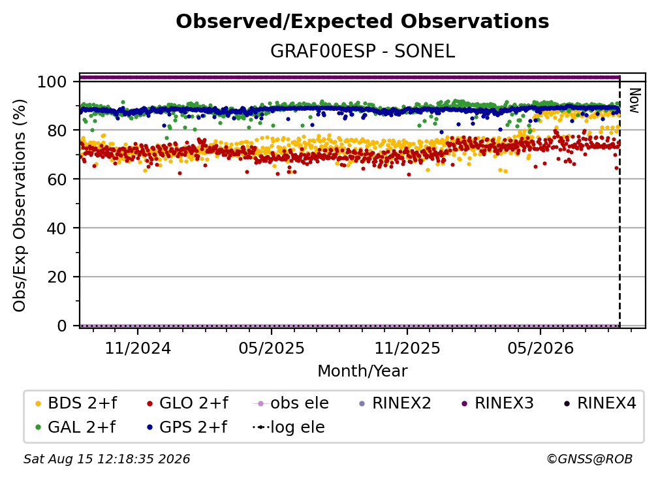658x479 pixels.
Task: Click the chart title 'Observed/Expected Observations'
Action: pos(362,22)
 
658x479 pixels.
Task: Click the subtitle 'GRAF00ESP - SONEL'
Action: pos(362,51)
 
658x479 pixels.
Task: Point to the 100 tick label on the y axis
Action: pos(52,82)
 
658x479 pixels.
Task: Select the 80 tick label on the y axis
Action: pos(57,131)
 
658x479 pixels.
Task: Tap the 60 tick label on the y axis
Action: pos(57,179)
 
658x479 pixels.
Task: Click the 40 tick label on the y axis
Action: pos(57,228)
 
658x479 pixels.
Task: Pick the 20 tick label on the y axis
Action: pos(57,277)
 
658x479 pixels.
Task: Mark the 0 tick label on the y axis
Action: pos(61,326)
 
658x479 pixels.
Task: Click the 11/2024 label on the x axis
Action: pos(138,348)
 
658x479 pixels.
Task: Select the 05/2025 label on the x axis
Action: pos(272,348)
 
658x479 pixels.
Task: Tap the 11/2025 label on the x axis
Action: pos(407,348)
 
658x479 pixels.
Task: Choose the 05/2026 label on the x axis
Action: pos(540,348)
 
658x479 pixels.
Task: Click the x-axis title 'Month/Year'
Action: pos(362,371)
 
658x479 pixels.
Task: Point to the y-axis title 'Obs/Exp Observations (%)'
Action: pos(20,206)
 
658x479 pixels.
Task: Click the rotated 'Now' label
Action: pos(634,100)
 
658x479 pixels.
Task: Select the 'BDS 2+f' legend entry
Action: pos(76,403)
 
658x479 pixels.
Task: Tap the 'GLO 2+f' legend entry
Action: pos(187,403)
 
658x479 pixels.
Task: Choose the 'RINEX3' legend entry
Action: pos(497,403)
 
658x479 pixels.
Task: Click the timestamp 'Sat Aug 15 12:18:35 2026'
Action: pos(106,459)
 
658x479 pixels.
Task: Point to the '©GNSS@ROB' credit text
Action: pos(589,459)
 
